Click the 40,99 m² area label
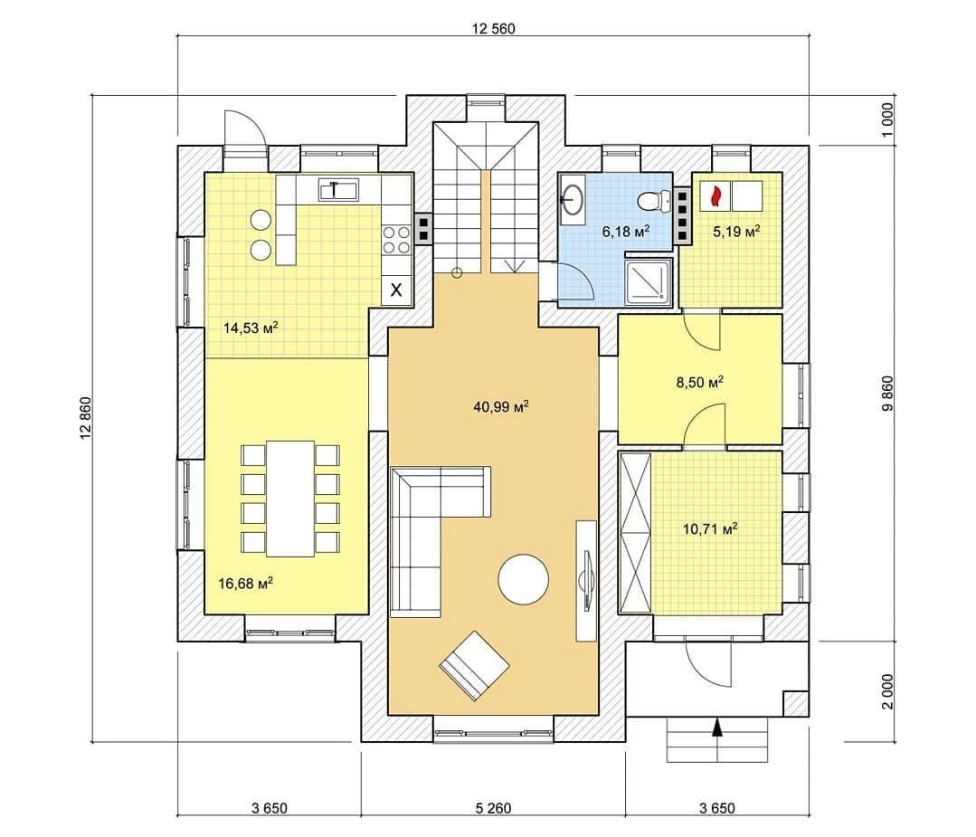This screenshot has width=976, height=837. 501,406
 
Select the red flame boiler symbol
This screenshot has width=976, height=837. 715,195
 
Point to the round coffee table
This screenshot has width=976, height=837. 524,579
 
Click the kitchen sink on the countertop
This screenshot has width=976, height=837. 338,189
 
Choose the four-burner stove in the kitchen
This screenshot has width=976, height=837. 396,240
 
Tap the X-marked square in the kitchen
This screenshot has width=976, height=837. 396,290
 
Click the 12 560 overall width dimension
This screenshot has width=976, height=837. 494,29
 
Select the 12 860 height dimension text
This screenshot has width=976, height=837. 86,418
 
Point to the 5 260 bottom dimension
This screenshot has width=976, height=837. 493,808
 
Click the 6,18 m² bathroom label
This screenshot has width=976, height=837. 626,232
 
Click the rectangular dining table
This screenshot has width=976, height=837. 290,499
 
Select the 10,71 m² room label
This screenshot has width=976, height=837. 710,529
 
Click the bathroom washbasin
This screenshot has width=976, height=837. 573,199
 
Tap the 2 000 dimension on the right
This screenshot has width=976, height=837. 887,691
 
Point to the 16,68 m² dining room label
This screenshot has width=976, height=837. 246,584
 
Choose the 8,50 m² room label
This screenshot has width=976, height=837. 700,382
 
